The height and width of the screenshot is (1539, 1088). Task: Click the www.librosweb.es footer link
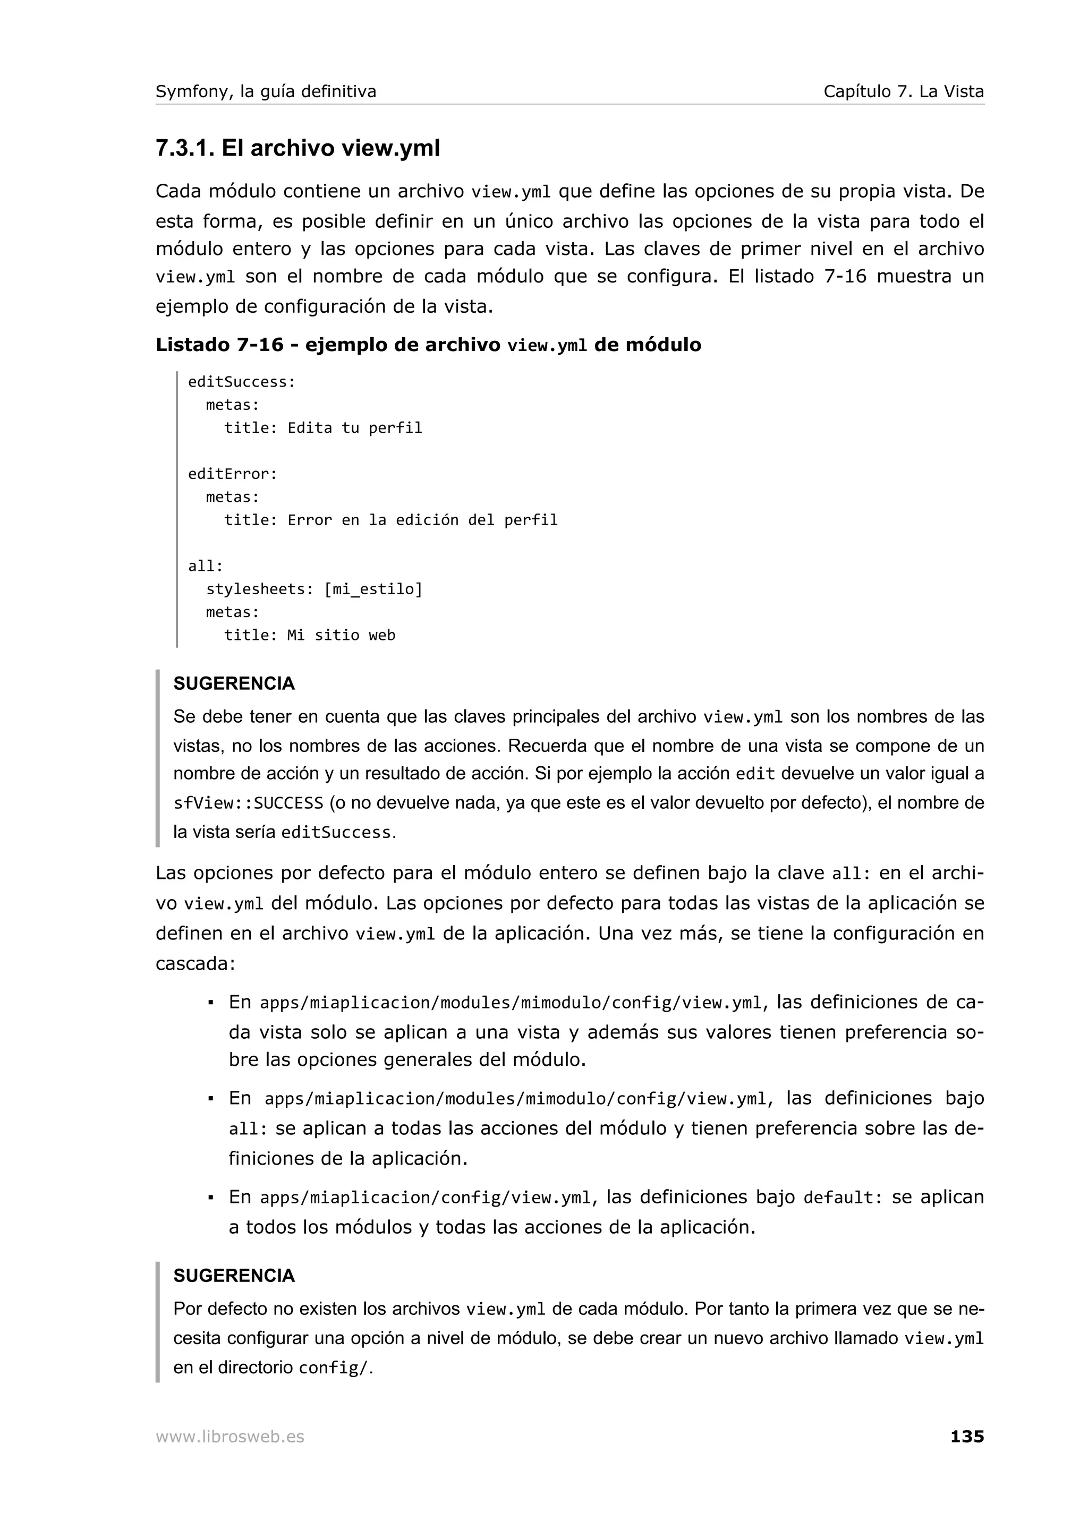click(230, 1437)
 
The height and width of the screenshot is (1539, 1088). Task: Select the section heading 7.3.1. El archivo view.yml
click(297, 148)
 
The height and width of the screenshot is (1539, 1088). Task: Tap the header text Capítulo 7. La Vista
click(903, 92)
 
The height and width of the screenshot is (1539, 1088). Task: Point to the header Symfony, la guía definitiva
click(266, 92)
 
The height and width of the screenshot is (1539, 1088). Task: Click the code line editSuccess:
click(241, 382)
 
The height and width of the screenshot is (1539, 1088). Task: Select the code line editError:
click(232, 474)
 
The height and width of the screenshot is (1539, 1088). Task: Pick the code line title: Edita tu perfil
click(322, 427)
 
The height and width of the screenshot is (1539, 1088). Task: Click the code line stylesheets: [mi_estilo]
click(314, 589)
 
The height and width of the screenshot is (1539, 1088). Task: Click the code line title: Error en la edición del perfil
click(390, 520)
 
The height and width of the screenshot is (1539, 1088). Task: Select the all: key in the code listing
click(205, 567)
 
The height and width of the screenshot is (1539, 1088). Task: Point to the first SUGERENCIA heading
click(234, 683)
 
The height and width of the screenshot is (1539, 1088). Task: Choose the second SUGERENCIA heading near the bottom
click(234, 1276)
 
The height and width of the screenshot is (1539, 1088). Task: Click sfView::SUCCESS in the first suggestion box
click(248, 803)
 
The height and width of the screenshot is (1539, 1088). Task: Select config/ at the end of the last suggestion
click(333, 1368)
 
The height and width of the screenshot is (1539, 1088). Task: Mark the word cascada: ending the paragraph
click(195, 964)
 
